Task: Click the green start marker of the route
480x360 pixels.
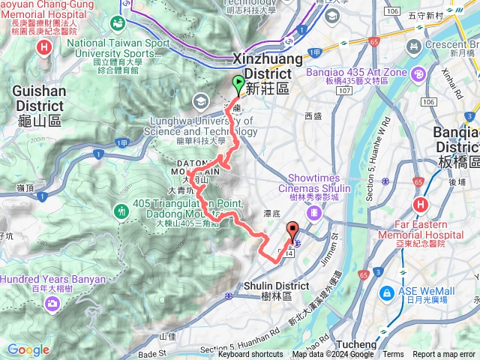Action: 238,84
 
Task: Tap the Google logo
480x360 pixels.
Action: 28,349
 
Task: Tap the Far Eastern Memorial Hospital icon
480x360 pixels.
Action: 421,204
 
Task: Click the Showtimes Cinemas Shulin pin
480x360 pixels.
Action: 315,214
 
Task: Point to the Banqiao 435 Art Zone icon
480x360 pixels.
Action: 417,73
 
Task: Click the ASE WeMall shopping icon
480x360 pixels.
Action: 388,292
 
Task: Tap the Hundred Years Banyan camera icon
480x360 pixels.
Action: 53,303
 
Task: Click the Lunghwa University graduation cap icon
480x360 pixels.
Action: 201,100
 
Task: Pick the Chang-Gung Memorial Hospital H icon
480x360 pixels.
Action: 45,47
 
